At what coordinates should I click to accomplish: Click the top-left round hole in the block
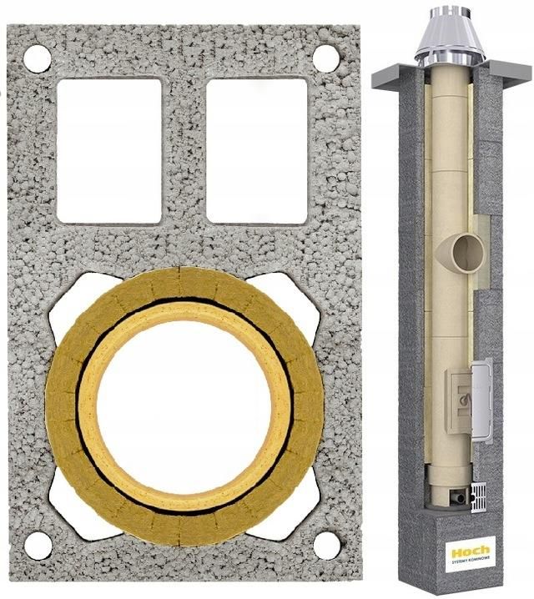tap(38, 58)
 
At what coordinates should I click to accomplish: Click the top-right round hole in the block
tap(325, 58)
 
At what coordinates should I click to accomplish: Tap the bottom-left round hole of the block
tap(38, 545)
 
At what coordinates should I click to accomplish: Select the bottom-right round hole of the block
tap(326, 545)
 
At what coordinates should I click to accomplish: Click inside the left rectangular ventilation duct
tap(108, 150)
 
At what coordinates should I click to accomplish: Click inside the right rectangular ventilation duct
tap(255, 150)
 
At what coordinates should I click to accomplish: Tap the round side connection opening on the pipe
tap(462, 249)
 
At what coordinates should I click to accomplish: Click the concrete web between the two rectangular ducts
tap(184, 150)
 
